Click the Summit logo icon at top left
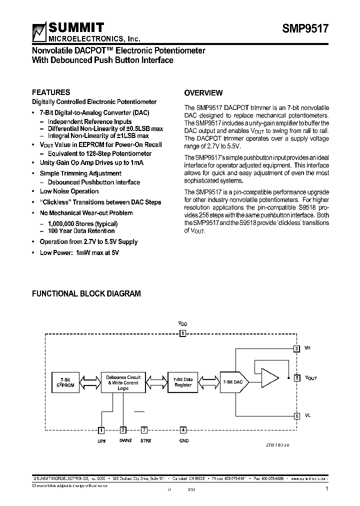(x=39, y=32)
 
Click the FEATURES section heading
(x=51, y=92)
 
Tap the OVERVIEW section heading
(x=203, y=93)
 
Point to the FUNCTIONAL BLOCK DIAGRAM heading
(x=86, y=294)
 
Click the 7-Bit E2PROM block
(x=65, y=382)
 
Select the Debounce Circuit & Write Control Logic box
(x=123, y=382)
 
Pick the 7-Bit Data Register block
(x=183, y=382)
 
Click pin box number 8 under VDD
(x=183, y=333)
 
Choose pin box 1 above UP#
(x=101, y=429)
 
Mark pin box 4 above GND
(x=183, y=429)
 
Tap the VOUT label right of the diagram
(x=311, y=378)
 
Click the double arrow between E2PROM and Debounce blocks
(x=89, y=382)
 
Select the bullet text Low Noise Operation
(x=69, y=191)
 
